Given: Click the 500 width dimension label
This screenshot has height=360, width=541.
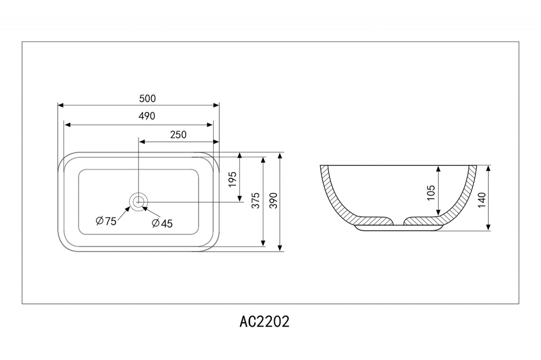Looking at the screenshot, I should click(x=147, y=98).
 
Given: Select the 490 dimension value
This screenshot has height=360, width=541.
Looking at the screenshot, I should click(x=147, y=116).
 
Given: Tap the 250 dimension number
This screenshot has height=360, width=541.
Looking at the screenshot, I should click(x=178, y=135).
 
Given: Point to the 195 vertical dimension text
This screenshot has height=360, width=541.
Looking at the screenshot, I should click(x=233, y=179).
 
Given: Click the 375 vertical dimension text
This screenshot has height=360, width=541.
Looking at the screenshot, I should click(x=256, y=200).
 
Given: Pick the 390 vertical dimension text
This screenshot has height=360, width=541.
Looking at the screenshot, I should click(x=273, y=200).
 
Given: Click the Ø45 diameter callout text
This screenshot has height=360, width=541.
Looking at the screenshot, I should click(x=162, y=223).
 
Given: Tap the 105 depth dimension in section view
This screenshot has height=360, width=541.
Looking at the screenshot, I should click(x=431, y=192).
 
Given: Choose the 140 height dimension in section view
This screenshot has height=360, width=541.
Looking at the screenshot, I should click(x=481, y=199).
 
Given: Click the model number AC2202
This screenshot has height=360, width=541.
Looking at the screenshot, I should click(x=265, y=322).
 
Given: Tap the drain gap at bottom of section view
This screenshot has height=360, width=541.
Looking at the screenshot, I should click(x=399, y=221).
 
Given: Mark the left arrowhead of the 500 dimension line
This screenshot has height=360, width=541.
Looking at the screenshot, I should click(x=61, y=105).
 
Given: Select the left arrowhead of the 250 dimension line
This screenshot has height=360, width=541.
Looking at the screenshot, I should click(x=142, y=142).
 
